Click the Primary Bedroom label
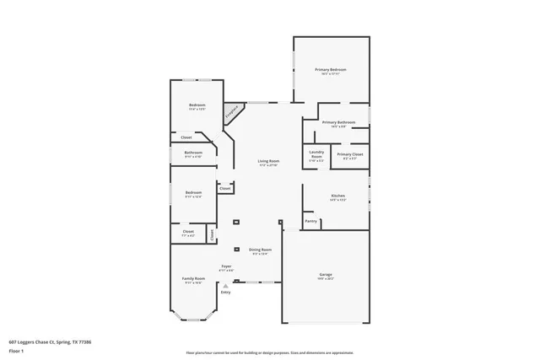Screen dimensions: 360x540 click(331, 69)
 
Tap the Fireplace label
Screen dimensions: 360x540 click(229, 112)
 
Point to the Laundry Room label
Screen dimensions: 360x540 click(316, 155)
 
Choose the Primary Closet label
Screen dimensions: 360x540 click(349, 154)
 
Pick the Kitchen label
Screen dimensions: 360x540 click(337, 196)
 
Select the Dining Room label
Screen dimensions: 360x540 click(260, 250)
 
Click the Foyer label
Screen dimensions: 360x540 click(226, 266)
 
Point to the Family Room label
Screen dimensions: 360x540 click(194, 278)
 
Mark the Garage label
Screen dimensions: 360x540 click(326, 276)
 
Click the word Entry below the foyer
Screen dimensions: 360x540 click(225, 292)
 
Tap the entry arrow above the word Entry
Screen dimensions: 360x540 click(225, 286)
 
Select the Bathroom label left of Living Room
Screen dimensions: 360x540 click(193, 153)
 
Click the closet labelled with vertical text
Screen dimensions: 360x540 click(212, 234)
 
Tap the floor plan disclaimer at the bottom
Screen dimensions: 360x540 click(269, 352)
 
